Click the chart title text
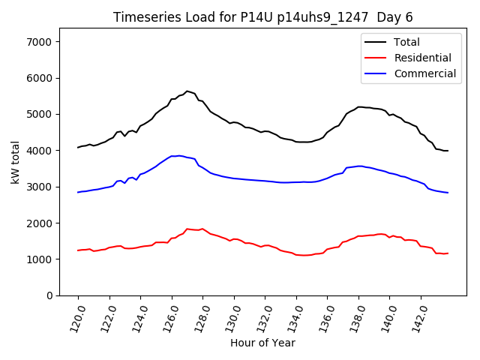[x=262, y=16]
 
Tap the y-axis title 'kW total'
[x=16, y=162]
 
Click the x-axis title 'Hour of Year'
[x=262, y=343]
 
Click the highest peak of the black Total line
[x=187, y=91]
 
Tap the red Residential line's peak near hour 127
[x=187, y=229]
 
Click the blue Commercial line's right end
[x=448, y=193]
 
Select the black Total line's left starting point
[x=78, y=147]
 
